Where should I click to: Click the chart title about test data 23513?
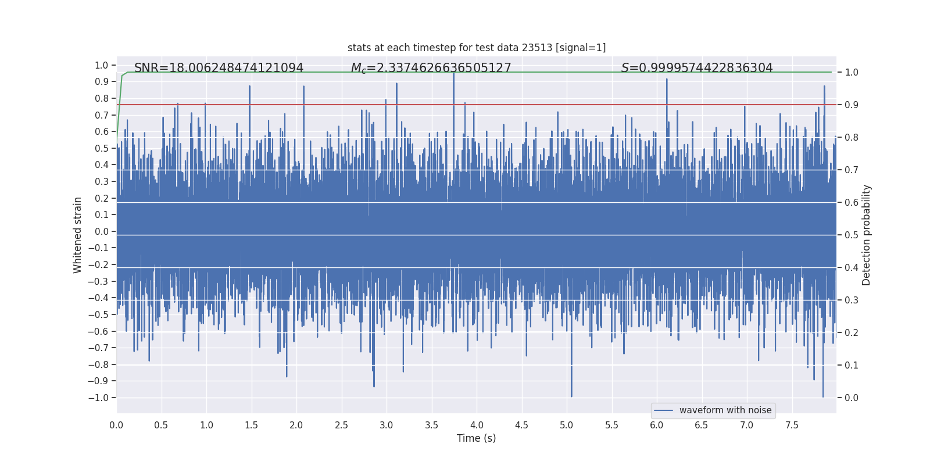point(477,48)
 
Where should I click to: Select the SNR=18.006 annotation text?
point(219,68)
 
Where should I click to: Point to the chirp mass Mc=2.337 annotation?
point(431,68)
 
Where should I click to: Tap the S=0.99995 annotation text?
point(697,68)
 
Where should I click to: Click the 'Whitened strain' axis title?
point(78,235)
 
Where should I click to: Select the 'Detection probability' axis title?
point(867,235)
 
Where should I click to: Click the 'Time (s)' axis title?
point(476,438)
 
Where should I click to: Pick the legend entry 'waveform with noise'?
point(725,410)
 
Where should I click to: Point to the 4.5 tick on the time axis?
point(521,425)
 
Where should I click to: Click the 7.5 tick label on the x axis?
point(792,425)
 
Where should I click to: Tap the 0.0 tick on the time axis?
point(116,425)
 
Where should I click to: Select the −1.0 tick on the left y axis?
point(98,398)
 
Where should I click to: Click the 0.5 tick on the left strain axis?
point(102,148)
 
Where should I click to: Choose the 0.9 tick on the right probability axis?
point(852,105)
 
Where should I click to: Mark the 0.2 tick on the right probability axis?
point(852,332)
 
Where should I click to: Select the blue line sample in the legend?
point(663,410)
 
